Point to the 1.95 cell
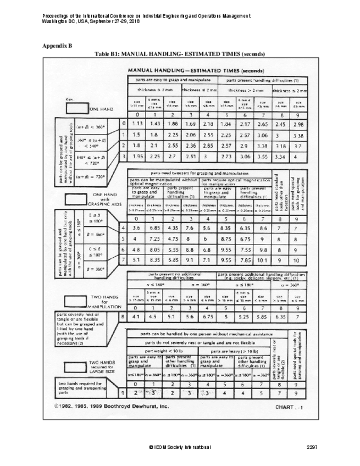click(140, 157)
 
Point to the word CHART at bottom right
click(285, 408)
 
